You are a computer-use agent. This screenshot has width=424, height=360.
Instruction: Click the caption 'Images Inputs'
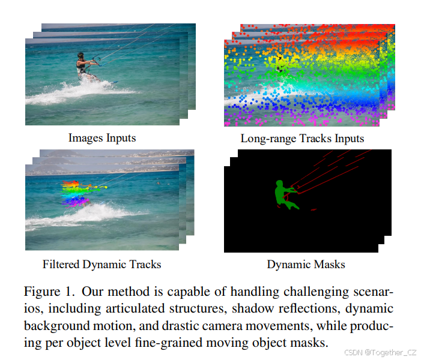click(x=102, y=138)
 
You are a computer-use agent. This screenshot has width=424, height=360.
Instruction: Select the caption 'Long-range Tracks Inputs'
click(x=302, y=139)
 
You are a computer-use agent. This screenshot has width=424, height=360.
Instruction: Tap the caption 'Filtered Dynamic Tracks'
click(x=101, y=264)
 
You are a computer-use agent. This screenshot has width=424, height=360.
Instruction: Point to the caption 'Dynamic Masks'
click(x=306, y=264)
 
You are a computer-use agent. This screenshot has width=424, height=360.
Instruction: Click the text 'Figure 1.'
click(x=50, y=292)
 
